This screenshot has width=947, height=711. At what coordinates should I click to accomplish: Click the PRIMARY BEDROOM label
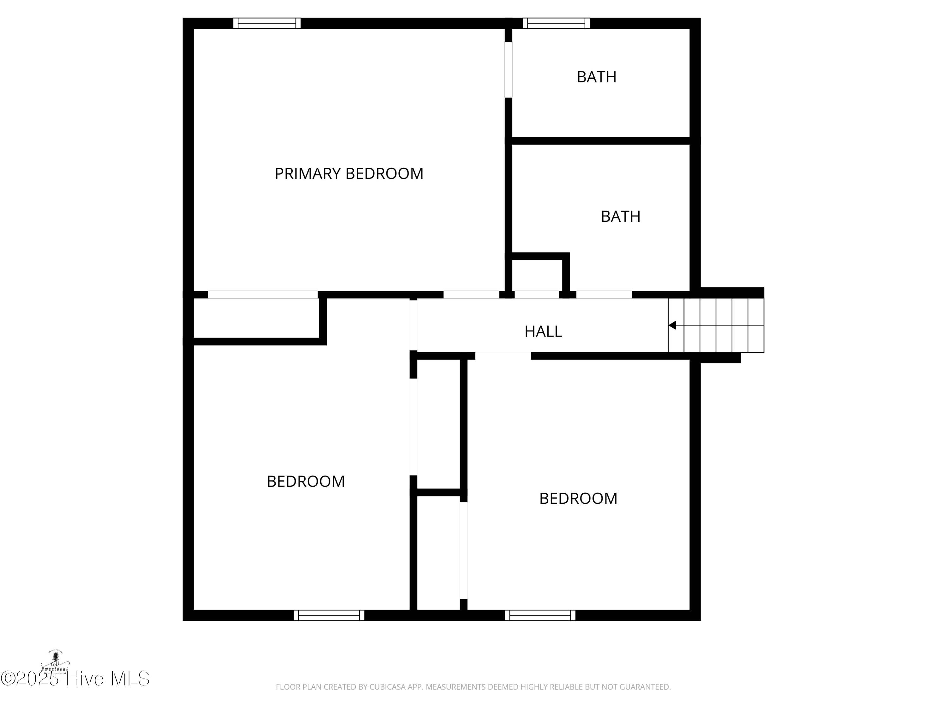point(349,173)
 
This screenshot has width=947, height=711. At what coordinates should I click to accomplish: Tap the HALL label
point(543,331)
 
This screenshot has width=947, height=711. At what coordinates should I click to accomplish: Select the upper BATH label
point(596,77)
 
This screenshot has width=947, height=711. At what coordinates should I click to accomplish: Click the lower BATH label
point(620,216)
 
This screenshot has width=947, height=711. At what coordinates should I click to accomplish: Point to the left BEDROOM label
point(306,481)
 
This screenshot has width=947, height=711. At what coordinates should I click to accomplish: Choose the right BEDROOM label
point(578,498)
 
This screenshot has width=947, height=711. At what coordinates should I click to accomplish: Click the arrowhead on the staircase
point(672,325)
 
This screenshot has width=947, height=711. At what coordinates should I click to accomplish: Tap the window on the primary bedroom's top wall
point(267,23)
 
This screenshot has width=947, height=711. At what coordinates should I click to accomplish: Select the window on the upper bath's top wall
point(556,23)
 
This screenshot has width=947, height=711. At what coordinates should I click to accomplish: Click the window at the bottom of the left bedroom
point(329,616)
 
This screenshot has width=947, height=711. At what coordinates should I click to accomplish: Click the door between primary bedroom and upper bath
point(508,70)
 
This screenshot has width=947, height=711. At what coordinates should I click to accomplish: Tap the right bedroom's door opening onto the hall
point(503,356)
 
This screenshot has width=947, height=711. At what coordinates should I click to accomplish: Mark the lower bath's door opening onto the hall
point(604,295)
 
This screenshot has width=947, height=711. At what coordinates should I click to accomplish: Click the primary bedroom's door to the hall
point(471,295)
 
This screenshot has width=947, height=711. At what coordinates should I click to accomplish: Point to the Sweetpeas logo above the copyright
point(55,662)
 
